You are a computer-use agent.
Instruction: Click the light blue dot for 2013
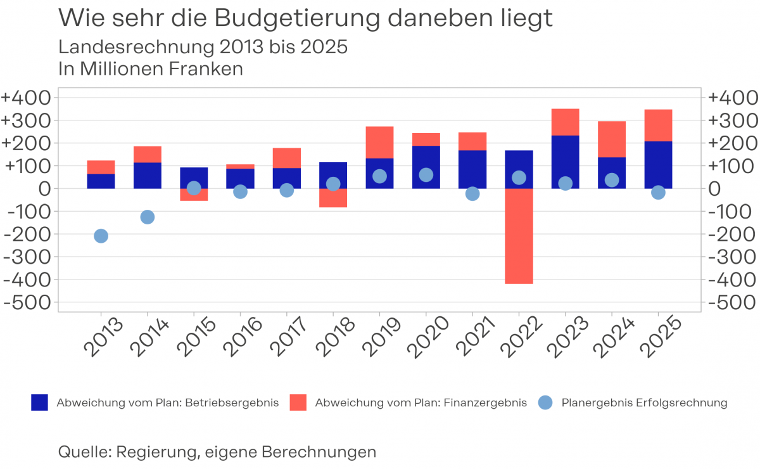tap(101, 236)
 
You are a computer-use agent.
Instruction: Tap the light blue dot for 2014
tap(147, 217)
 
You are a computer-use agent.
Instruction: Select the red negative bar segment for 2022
tap(519, 236)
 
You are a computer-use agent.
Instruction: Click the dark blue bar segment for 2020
tap(426, 167)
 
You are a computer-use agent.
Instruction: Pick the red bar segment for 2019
tap(379, 143)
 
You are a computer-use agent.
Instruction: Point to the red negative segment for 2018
tap(333, 198)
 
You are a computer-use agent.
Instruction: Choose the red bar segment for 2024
tap(612, 139)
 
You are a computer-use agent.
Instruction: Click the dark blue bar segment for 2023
tap(565, 162)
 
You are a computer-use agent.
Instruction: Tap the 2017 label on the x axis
tap(289, 336)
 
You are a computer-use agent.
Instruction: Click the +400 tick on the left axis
tap(26, 98)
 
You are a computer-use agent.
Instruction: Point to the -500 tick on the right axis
tap(732, 302)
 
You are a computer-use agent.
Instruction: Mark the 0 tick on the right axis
tap(714, 189)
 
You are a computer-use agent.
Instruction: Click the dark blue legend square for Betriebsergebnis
tap(39, 402)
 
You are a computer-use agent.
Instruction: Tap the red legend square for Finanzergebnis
tap(298, 402)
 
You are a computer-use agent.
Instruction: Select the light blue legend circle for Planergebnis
tap(545, 402)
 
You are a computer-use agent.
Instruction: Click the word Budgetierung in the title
tap(297, 18)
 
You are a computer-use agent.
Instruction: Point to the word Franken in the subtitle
tap(206, 69)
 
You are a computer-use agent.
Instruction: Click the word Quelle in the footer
tap(85, 452)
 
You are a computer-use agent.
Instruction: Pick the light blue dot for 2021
tap(472, 194)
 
